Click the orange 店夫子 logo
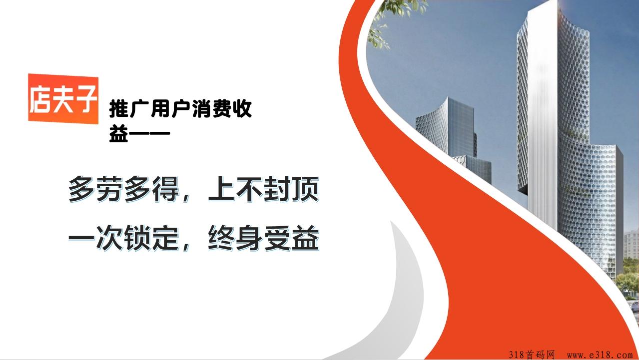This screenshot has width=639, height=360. [63, 99]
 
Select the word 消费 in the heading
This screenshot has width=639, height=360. [211, 108]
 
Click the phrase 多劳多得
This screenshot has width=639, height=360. [124, 189]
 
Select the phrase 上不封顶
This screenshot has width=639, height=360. [263, 189]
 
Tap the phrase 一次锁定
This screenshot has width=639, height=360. [124, 238]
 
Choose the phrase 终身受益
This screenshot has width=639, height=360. [263, 238]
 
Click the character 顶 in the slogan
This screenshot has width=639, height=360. [305, 189]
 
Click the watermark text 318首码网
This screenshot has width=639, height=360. [532, 355]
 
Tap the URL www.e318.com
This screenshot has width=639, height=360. [600, 355]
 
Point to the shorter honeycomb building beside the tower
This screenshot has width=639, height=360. [447, 134]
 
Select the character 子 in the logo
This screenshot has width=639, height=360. [86, 99]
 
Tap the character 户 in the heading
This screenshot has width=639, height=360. [181, 108]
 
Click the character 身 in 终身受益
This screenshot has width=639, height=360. [249, 238]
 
